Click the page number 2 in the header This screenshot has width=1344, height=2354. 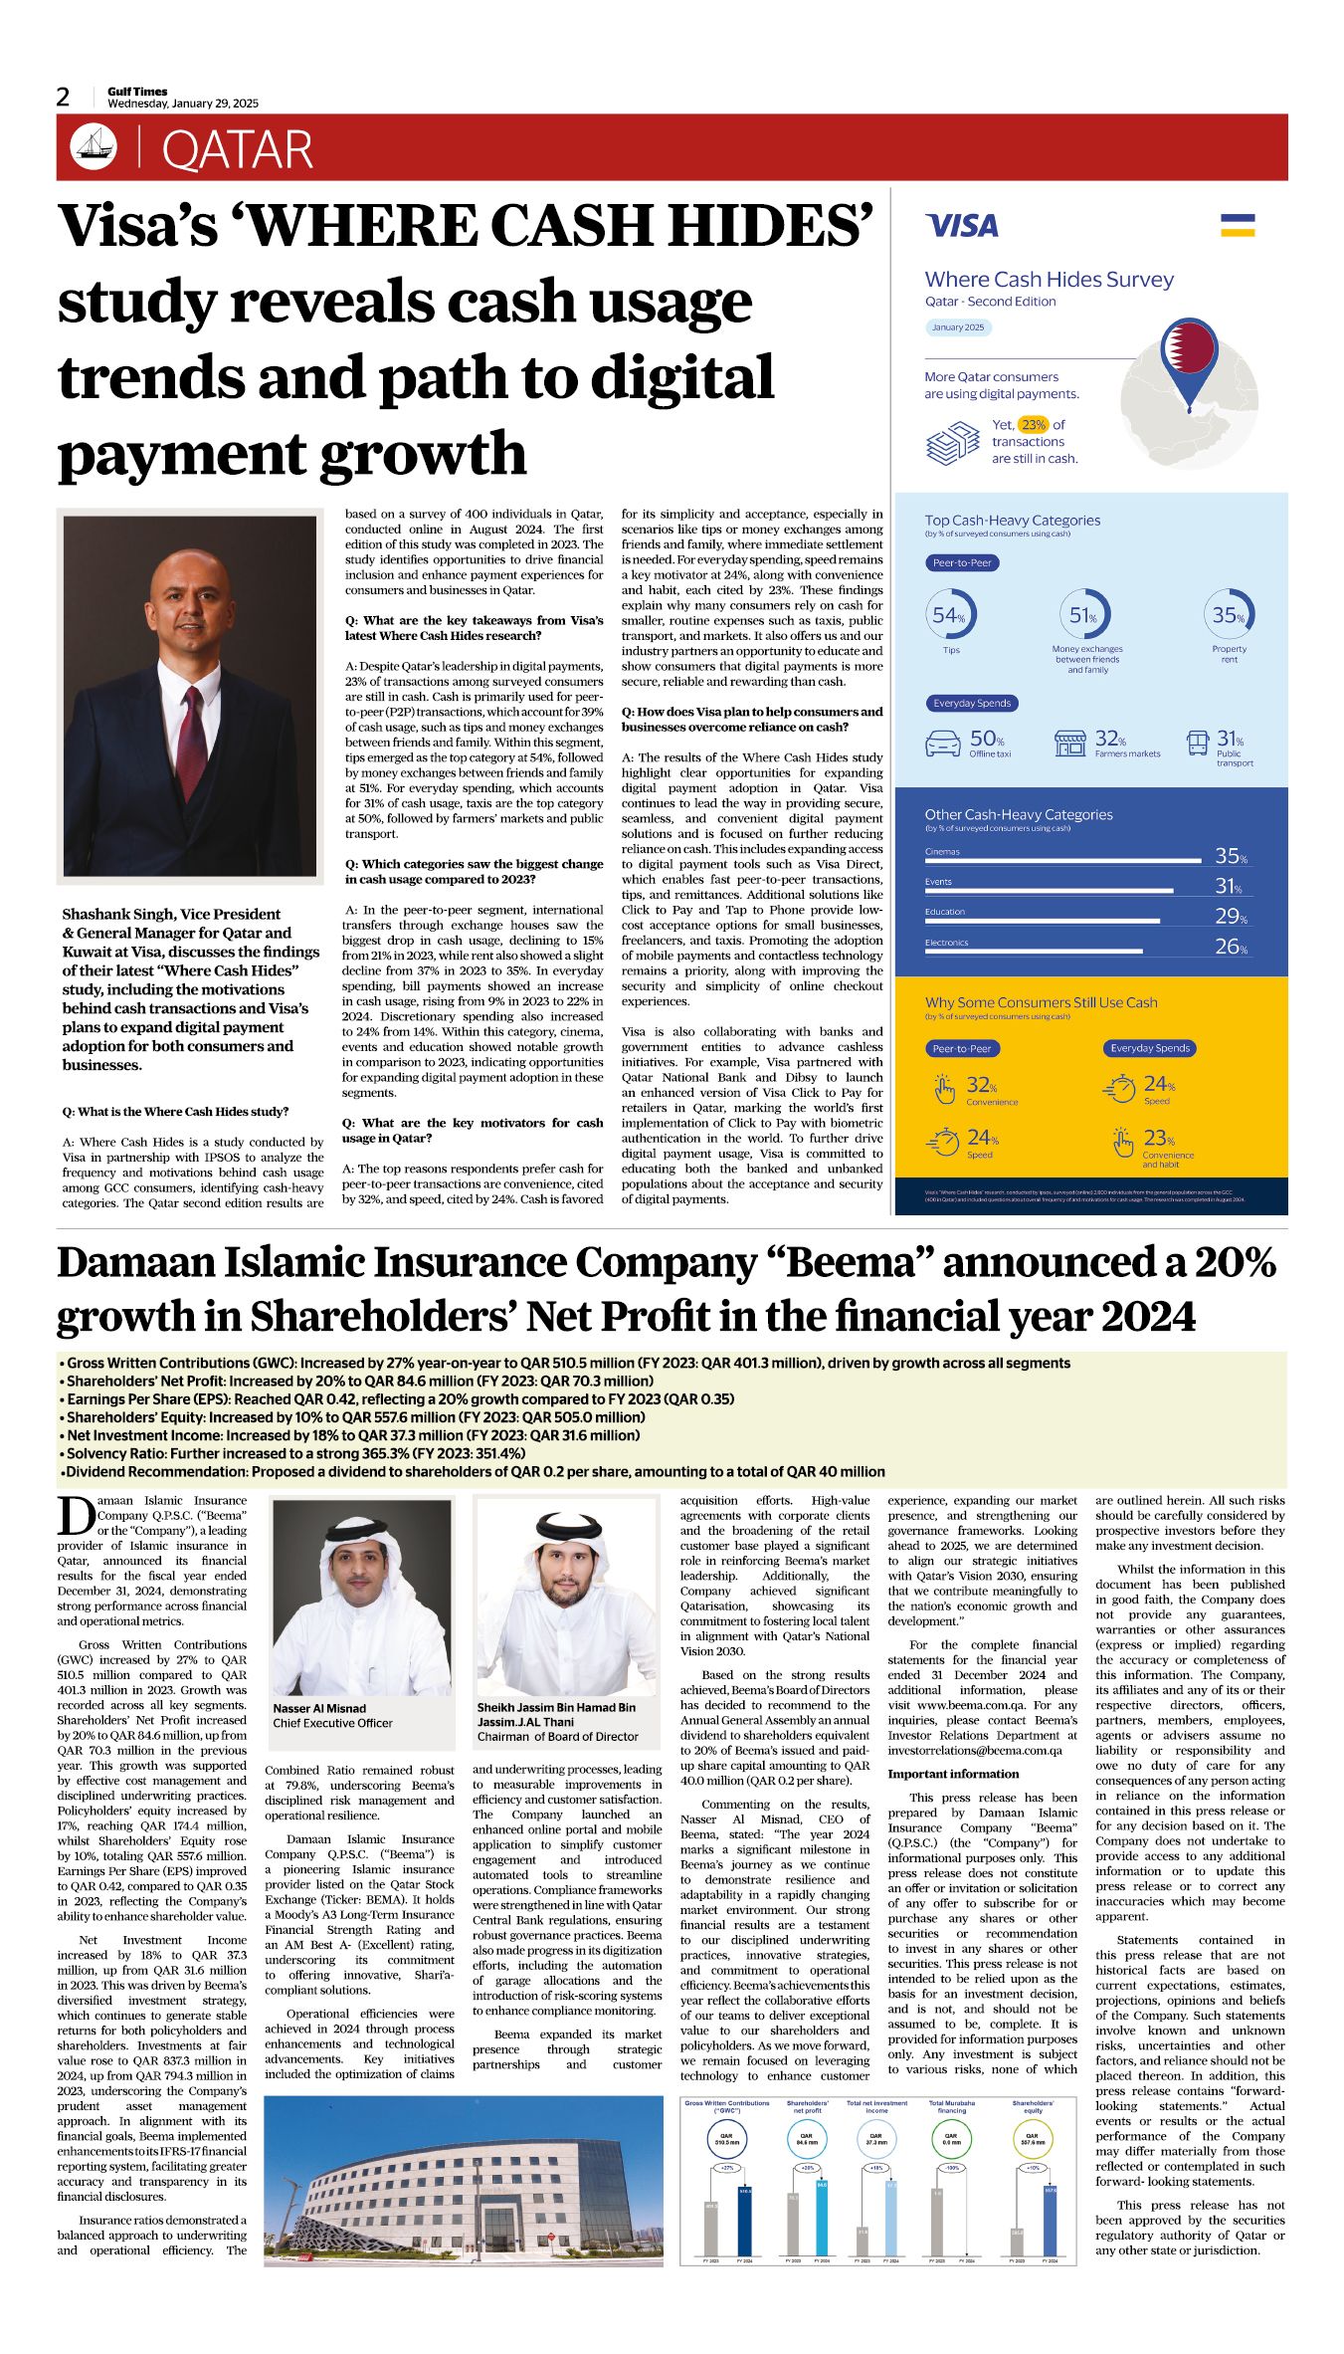[x=63, y=97]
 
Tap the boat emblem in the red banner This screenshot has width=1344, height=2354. [x=94, y=147]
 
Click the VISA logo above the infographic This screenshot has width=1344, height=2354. [x=961, y=226]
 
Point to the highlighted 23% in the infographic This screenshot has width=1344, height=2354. [x=1034, y=424]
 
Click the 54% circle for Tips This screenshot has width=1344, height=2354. [x=950, y=615]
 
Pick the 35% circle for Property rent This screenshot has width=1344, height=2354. [x=1229, y=615]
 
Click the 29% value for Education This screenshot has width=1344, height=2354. [x=1231, y=916]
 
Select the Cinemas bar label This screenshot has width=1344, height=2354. [x=942, y=852]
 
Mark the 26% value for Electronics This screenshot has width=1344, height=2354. [x=1231, y=947]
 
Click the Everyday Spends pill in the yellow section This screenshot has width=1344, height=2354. [x=1150, y=1048]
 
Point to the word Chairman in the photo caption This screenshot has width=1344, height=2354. [x=501, y=1737]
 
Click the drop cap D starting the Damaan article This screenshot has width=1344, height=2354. [x=75, y=1516]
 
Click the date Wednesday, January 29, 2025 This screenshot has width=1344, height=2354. [x=183, y=104]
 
